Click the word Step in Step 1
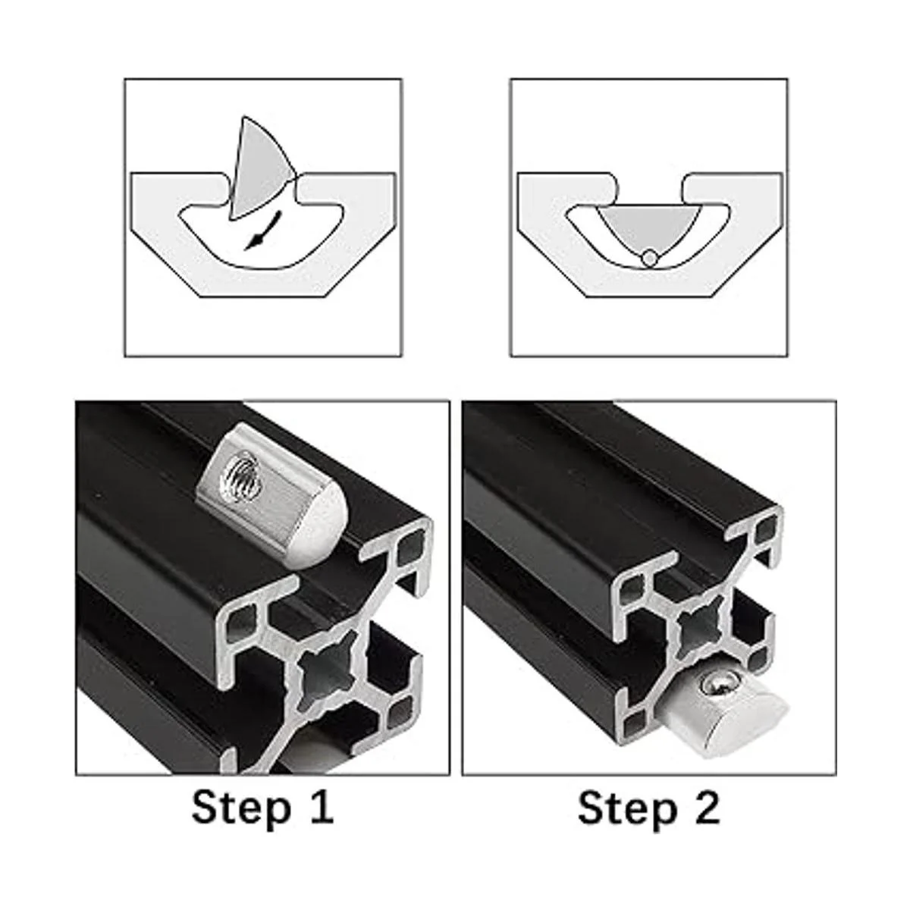click(x=242, y=808)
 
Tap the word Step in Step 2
click(x=628, y=808)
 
